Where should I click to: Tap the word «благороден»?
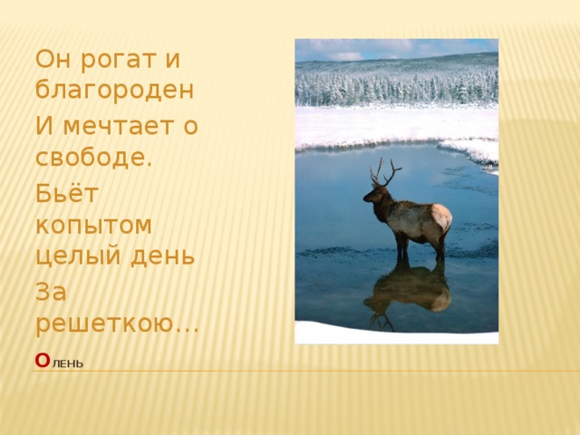pyautogui.click(x=113, y=90)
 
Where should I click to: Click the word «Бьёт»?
pyautogui.click(x=60, y=192)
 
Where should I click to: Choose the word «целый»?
pyautogui.click(x=75, y=255)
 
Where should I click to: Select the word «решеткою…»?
pyautogui.click(x=116, y=321)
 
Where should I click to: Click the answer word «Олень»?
pyautogui.click(x=59, y=362)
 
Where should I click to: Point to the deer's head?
pyautogui.click(x=373, y=191)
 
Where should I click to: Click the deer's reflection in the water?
pyautogui.click(x=408, y=290)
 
